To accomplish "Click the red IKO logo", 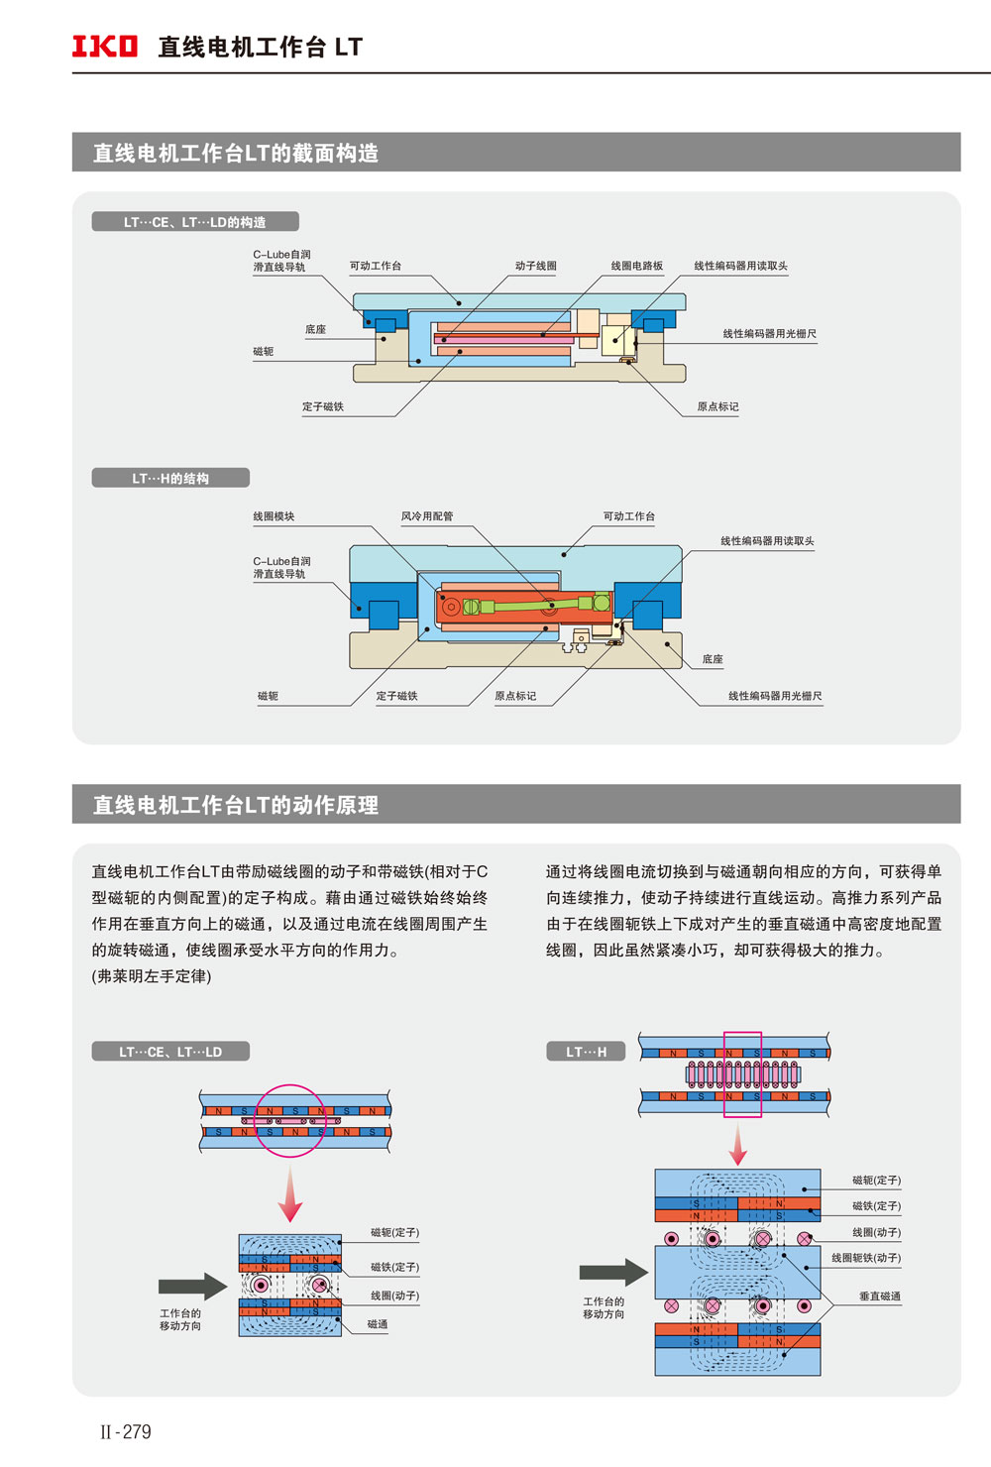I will (104, 47).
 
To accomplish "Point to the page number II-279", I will (126, 1431).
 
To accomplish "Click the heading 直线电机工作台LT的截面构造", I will (236, 153).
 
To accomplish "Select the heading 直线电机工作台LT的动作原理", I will (236, 805).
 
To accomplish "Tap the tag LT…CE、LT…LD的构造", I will (195, 222).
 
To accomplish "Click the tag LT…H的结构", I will (170, 478).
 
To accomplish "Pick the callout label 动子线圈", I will (535, 266).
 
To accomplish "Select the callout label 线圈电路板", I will (636, 266).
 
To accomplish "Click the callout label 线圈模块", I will (274, 516).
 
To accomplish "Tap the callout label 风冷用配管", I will (426, 516).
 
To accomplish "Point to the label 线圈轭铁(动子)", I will (865, 1258).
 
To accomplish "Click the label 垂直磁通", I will (879, 1297).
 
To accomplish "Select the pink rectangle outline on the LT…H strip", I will (743, 1074).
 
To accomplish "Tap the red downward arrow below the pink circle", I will (289, 1194).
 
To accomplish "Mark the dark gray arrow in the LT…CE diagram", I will (193, 1286).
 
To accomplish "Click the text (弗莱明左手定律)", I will (152, 976).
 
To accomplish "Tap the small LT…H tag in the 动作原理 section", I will (586, 1052).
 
